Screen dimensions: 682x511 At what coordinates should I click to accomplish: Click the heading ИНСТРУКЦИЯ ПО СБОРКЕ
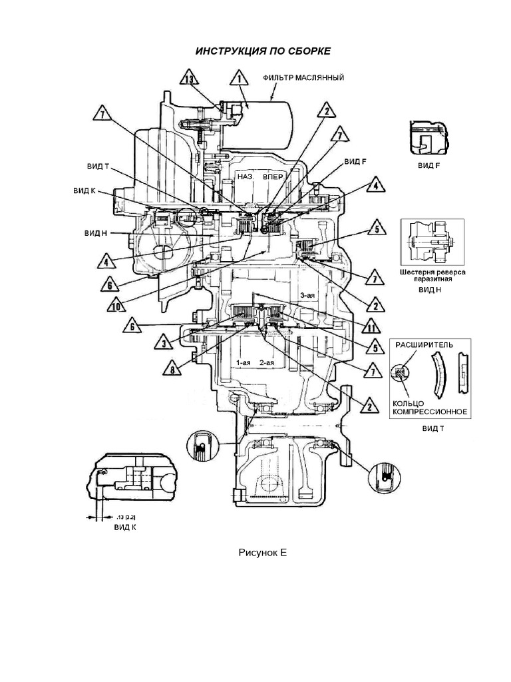pos(261,52)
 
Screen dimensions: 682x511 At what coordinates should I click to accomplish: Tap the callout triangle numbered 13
pos(190,80)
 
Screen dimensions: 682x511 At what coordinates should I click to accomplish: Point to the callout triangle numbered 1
pos(236,80)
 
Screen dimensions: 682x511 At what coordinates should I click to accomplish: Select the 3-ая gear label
pos(307,294)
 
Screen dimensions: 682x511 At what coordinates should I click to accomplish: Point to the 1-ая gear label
pos(242,362)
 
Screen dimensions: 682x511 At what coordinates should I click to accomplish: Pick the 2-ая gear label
pos(267,362)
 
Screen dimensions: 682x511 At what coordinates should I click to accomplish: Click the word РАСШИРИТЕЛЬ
pos(425,345)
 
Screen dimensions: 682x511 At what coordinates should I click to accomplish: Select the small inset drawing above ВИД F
pos(428,140)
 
